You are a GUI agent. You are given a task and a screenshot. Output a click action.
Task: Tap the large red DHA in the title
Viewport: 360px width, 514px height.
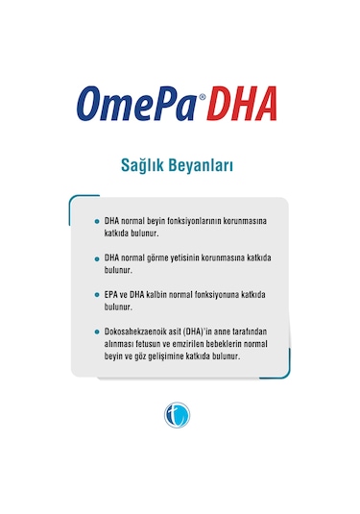pyautogui.click(x=240, y=103)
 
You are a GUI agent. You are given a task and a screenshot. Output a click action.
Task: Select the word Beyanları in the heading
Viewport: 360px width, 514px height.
pyautogui.click(x=203, y=164)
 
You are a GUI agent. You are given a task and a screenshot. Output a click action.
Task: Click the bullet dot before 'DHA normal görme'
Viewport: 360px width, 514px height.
pyautogui.click(x=97, y=257)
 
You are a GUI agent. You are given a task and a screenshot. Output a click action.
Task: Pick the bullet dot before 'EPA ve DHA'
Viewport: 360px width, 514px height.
pyautogui.click(x=97, y=294)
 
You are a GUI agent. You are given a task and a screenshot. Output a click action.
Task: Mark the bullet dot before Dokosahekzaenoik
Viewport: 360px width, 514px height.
pyautogui.click(x=97, y=331)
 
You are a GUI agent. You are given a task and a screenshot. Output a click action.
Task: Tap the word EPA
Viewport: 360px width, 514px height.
pyautogui.click(x=112, y=294)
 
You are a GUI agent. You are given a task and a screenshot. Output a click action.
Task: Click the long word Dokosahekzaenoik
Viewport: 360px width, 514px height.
pyautogui.click(x=136, y=331)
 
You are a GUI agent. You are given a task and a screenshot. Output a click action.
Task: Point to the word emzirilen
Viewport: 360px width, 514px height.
pyautogui.click(x=194, y=344)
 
